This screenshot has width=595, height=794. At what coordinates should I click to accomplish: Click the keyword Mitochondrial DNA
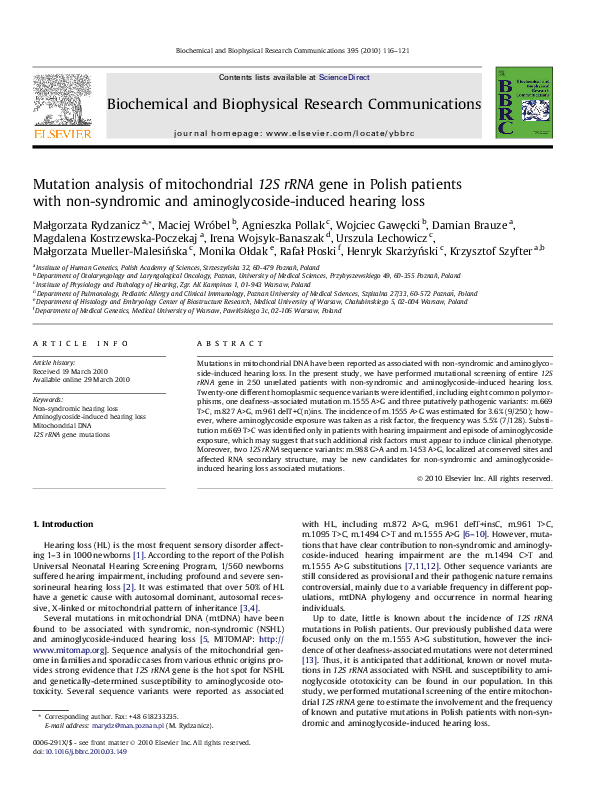click(x=62, y=426)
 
